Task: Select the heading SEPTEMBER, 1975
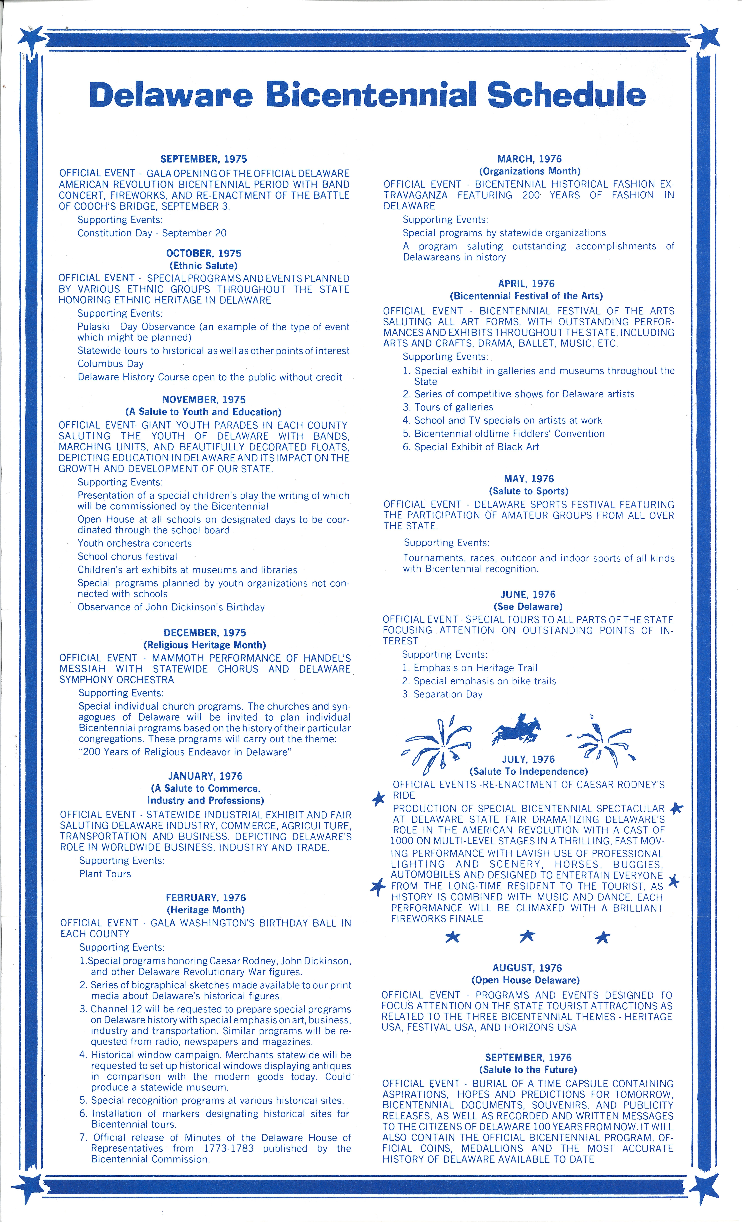coord(203,159)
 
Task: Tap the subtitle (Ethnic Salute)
coord(203,266)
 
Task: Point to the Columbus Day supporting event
coord(110,364)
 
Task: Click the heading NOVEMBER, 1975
coord(203,400)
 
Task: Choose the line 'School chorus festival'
coord(127,556)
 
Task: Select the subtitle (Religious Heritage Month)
coord(204,645)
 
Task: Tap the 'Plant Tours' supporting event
coord(105,874)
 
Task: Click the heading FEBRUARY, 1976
coord(205,898)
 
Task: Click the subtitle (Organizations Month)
coord(529,171)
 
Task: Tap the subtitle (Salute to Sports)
coord(529,491)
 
